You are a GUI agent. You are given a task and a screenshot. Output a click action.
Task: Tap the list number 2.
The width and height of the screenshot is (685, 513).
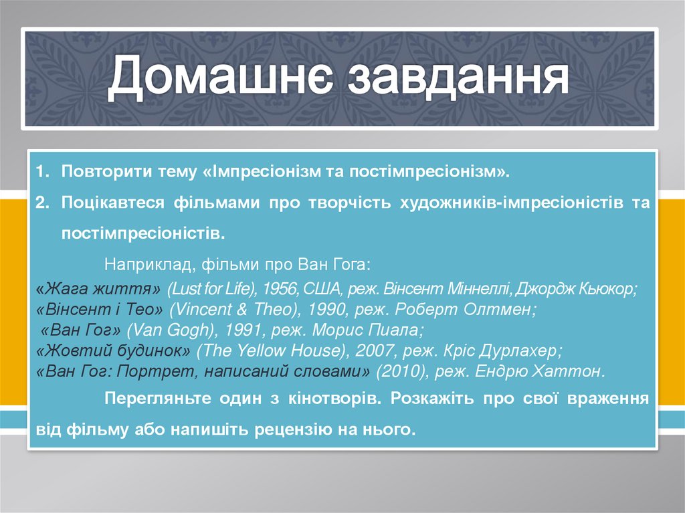(x=41, y=203)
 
